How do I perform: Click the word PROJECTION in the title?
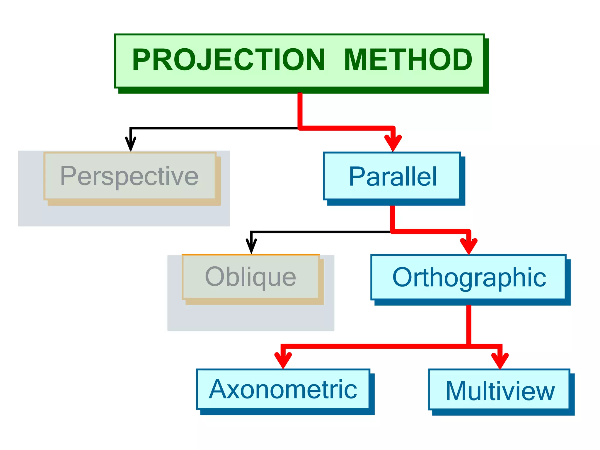[x=229, y=60]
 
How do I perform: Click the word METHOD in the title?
[x=408, y=60]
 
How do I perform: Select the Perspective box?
[x=129, y=176]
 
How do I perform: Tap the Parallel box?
[x=392, y=176]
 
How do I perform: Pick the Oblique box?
[x=250, y=277]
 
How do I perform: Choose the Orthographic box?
[x=468, y=277]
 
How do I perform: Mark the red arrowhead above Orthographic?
[x=469, y=246]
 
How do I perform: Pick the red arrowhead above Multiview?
[x=500, y=360]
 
